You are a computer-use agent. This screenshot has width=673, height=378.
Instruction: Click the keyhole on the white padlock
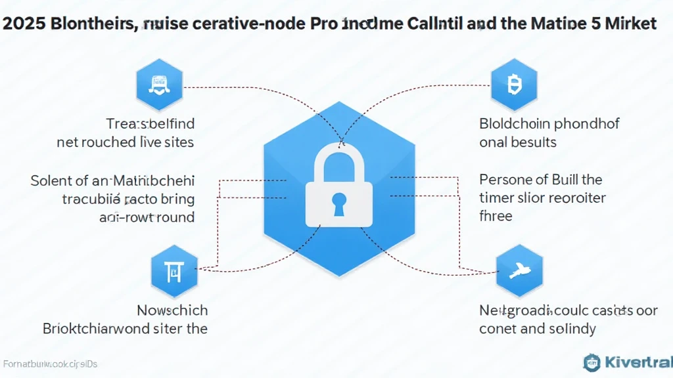click(339, 201)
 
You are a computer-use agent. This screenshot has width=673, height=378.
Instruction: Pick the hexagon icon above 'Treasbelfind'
click(157, 84)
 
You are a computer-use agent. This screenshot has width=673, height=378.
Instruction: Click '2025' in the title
click(20, 24)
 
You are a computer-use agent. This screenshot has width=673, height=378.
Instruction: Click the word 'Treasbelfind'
click(151, 123)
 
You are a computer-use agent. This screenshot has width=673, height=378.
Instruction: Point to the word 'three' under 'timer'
click(496, 215)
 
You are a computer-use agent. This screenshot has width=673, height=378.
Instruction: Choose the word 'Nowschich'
click(172, 310)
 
